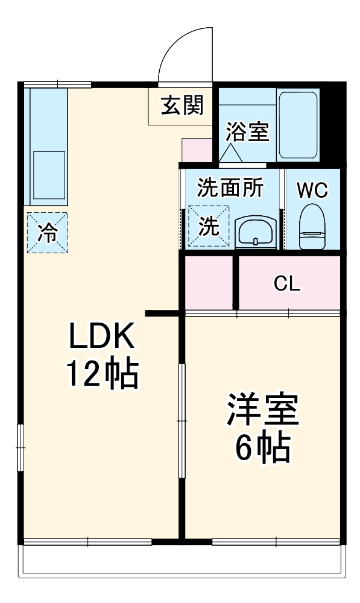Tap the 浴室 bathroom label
pos(247,132)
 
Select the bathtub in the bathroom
pos(298,125)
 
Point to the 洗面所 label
pos(230,189)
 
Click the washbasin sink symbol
pos(256,232)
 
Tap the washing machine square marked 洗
pos(209,226)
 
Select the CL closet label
pos(287,283)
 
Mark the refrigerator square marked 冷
pos(47,232)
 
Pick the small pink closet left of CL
pos(209,282)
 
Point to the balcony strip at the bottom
pos(181,561)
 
